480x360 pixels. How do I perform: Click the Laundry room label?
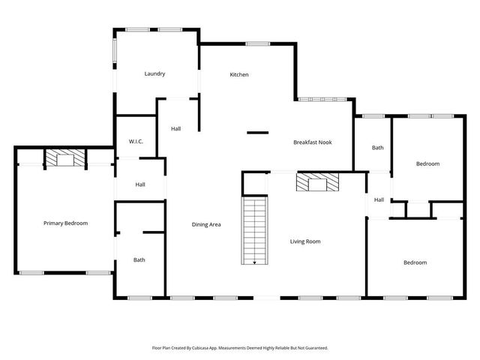tap(154, 73)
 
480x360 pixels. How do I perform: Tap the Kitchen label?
tap(239, 74)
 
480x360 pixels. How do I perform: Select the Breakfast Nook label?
tap(312, 142)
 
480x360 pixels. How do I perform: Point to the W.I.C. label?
tap(136, 141)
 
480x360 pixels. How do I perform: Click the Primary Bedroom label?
tap(65, 223)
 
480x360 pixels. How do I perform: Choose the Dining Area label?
tap(206, 224)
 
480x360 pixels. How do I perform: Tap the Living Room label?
tap(305, 241)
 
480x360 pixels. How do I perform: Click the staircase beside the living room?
tap(255, 229)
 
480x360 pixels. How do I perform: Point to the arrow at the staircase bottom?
tap(255, 262)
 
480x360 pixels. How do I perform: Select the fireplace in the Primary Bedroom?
tap(65, 158)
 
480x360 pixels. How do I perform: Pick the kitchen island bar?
tap(257, 133)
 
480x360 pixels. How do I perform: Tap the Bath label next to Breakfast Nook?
tap(377, 148)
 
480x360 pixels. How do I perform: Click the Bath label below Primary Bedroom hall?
tap(139, 260)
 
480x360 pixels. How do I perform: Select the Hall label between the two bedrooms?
tap(379, 199)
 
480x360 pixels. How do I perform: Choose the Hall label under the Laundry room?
tap(175, 129)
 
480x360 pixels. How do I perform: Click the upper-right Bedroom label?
tap(427, 163)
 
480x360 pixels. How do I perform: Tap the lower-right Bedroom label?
tap(415, 262)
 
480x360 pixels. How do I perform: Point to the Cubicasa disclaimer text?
tap(240, 348)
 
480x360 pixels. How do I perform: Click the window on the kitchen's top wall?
tap(258, 44)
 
